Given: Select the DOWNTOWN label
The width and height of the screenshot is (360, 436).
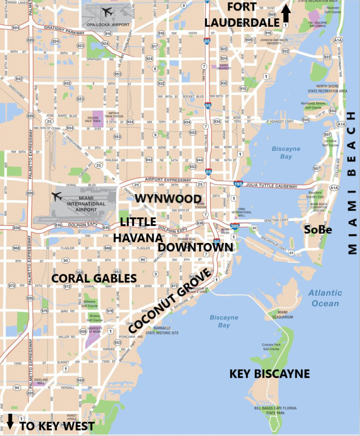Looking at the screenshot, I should pos(195,248).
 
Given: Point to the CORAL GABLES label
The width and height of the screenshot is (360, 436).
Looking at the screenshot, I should pos(94,278).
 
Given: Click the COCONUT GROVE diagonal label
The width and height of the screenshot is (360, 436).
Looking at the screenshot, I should pos(170,301).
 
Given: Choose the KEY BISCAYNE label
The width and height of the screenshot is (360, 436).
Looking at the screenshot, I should pos(269,374).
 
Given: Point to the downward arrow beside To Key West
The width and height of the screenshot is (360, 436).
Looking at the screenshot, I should pos(10,421).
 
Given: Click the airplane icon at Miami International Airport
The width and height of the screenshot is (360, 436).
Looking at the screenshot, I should pos(56,196).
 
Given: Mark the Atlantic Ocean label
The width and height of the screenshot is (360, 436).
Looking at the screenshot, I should pos(325,298).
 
